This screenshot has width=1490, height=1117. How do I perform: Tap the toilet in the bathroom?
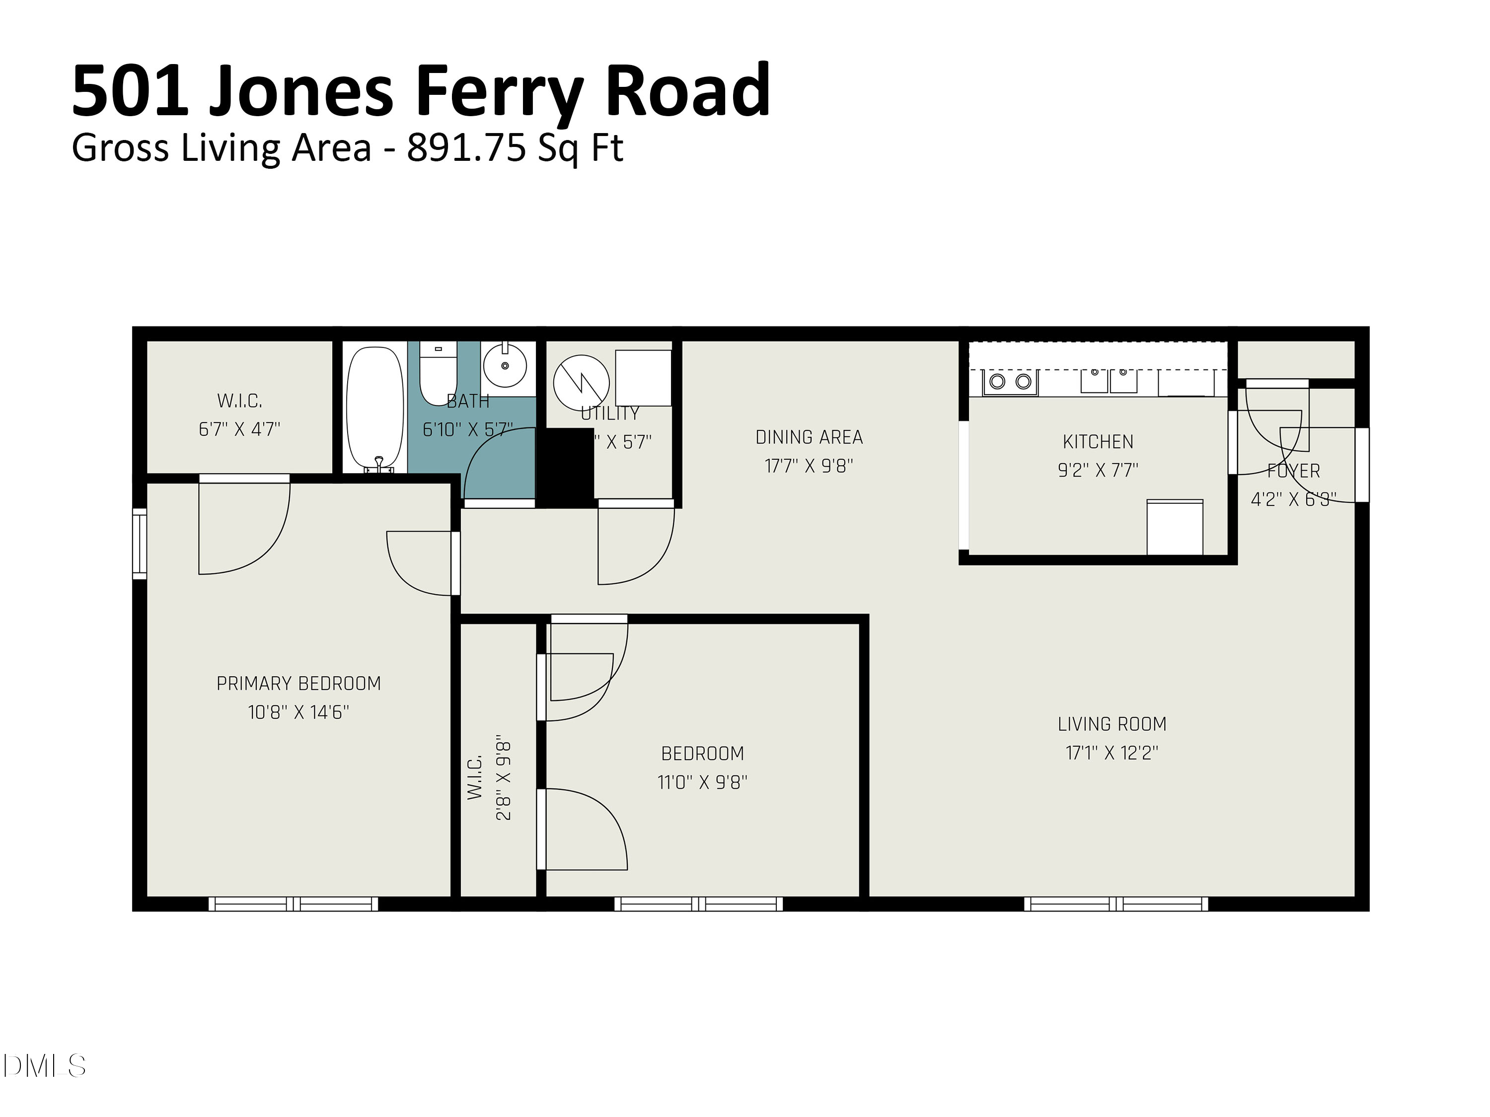point(438,372)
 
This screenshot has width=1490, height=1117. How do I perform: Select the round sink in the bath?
point(505,365)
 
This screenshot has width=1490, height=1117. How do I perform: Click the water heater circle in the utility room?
point(581,382)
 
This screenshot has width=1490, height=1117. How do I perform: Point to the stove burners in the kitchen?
point(1010,382)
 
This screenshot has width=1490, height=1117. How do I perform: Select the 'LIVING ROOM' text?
point(1112,724)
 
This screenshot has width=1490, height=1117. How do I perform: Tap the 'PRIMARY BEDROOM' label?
point(298,684)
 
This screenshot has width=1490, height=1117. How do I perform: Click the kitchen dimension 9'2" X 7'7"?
point(1097,470)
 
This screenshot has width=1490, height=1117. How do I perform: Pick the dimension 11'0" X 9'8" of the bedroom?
point(702,782)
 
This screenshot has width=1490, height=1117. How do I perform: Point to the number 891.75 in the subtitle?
point(465,148)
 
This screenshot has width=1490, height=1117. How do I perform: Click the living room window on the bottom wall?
point(1116,904)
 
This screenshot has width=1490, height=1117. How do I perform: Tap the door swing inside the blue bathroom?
point(497,465)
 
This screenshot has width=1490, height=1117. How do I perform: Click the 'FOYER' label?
point(1293,471)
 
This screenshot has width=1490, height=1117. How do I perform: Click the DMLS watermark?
point(44,1066)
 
